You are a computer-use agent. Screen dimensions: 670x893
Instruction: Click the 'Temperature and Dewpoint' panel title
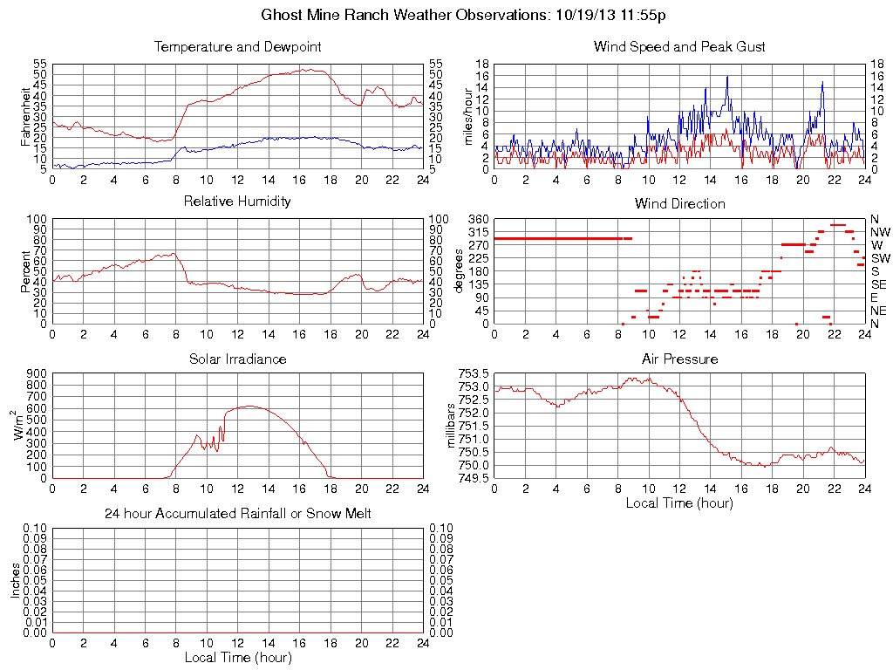click(237, 46)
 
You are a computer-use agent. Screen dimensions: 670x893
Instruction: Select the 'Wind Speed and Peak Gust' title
click(679, 46)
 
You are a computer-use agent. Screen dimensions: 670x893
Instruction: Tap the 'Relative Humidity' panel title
click(237, 202)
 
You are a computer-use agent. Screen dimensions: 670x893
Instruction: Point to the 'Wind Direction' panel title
click(679, 203)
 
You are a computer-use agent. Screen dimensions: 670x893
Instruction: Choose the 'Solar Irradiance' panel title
click(237, 359)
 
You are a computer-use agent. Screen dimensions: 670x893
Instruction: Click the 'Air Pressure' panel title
click(679, 359)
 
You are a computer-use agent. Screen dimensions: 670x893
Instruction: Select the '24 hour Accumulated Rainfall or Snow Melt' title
click(237, 514)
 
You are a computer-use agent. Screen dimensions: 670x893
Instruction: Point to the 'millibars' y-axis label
click(451, 426)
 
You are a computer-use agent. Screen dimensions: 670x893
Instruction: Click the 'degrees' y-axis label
click(460, 271)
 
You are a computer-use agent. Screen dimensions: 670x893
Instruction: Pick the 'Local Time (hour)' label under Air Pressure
click(679, 502)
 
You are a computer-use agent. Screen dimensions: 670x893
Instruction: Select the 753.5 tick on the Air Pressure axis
click(474, 373)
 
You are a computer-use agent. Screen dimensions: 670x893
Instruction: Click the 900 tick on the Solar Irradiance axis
click(36, 373)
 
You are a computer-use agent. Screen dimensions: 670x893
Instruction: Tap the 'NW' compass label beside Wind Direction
click(880, 232)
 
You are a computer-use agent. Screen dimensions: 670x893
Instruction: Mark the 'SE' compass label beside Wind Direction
click(878, 284)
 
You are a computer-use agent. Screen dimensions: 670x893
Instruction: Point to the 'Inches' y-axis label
click(15, 580)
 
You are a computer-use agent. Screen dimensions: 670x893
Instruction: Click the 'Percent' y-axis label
click(25, 271)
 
